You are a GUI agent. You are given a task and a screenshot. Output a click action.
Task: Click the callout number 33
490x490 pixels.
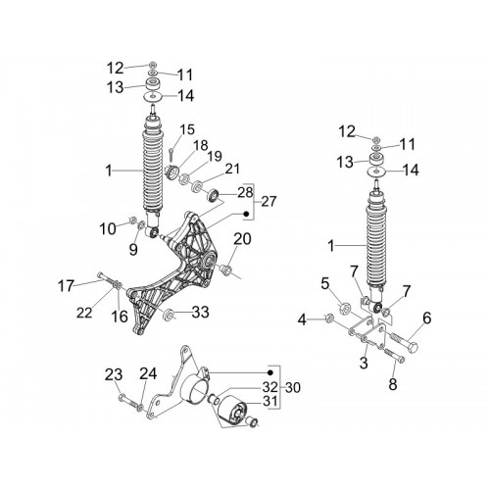click(x=200, y=312)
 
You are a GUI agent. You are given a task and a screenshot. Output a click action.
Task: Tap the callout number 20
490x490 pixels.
click(x=242, y=239)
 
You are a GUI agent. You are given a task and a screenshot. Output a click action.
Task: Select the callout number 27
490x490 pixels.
click(x=269, y=201)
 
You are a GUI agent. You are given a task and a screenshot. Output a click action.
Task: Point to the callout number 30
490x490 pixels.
click(x=293, y=388)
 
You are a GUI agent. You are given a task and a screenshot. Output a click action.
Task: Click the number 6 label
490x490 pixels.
click(x=426, y=318)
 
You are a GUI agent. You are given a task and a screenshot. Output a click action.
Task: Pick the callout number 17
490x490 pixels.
click(x=66, y=286)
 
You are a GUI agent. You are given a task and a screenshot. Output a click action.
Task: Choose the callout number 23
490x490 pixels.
click(x=114, y=374)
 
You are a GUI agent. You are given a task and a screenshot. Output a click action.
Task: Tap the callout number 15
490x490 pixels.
click(x=187, y=129)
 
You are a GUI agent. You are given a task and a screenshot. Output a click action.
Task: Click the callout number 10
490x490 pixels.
click(x=108, y=229)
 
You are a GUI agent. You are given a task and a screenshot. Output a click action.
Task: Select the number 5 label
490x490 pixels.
click(x=325, y=283)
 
